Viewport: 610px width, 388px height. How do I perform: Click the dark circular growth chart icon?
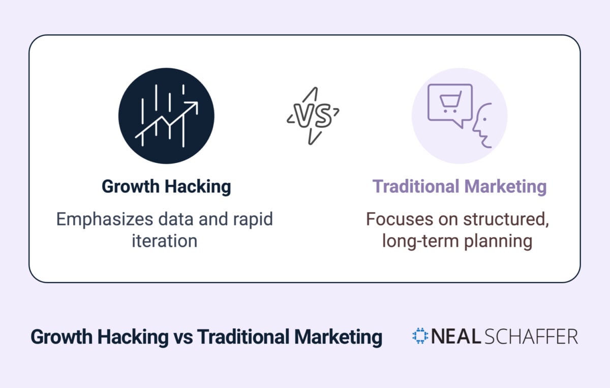tap(166, 116)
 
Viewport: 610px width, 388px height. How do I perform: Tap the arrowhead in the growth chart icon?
tap(193, 106)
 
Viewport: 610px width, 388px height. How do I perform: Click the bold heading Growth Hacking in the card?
tap(166, 186)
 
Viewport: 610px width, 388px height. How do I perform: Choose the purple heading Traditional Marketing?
tap(460, 186)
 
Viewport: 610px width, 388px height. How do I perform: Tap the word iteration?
tap(164, 240)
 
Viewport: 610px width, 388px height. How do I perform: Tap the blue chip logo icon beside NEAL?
tap(420, 336)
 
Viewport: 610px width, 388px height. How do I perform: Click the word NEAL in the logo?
tap(454, 337)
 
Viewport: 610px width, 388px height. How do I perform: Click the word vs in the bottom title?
tap(182, 337)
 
